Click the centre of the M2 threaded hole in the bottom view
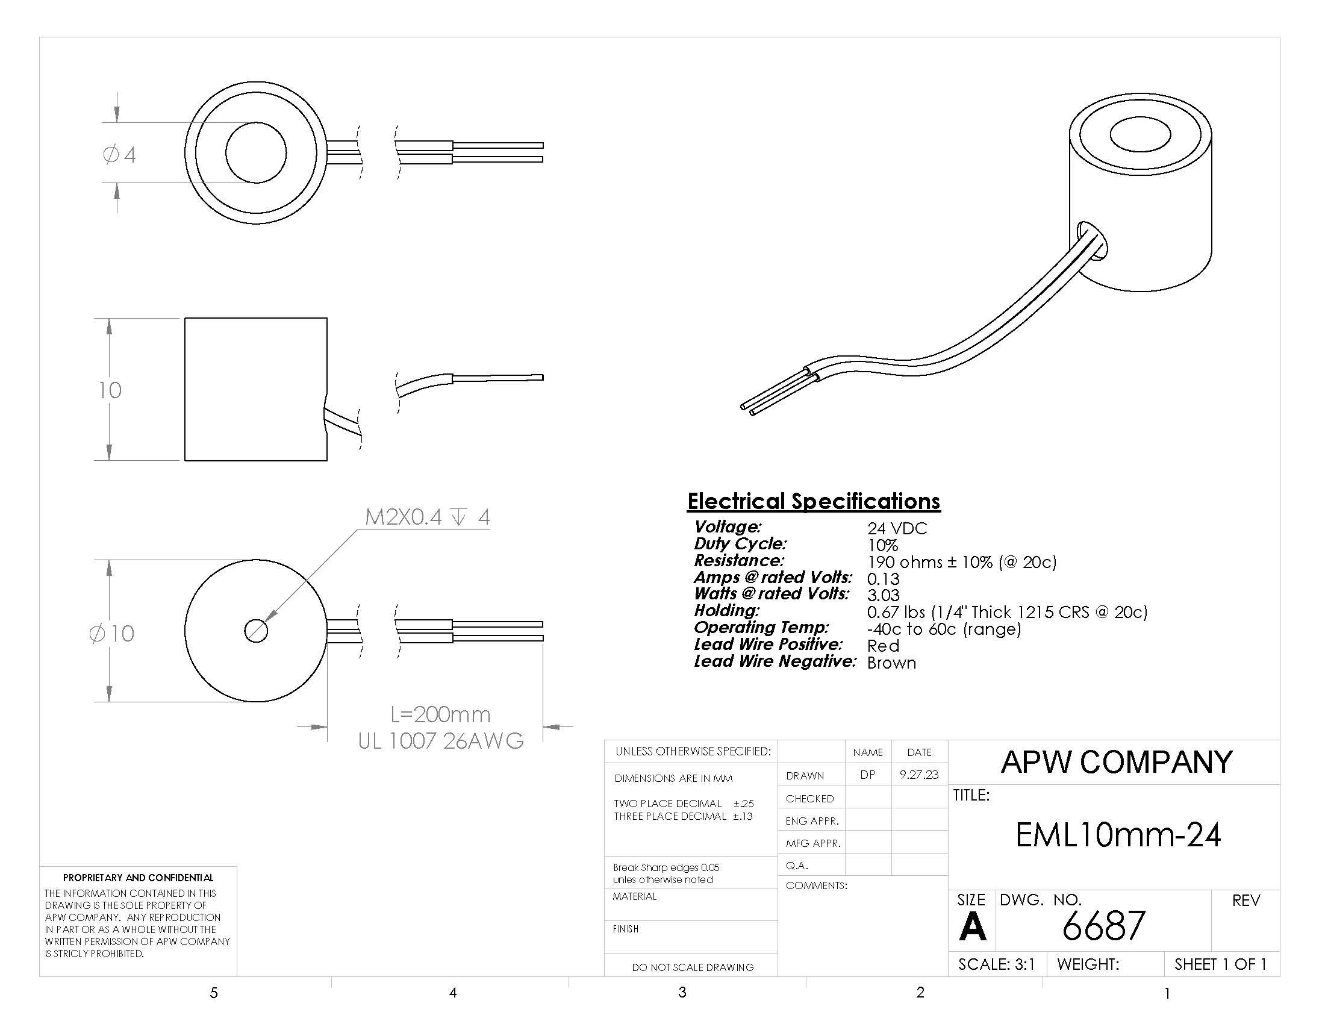(256, 631)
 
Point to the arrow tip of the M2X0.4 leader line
(265, 622)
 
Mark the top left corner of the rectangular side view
(185, 318)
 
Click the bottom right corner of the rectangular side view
(327, 460)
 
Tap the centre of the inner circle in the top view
(256, 152)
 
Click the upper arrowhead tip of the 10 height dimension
(109, 319)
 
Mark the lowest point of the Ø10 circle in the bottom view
(256, 702)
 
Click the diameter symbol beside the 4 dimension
(111, 155)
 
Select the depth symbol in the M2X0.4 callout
(460, 517)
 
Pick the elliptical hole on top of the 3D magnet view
(1141, 135)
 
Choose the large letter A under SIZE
(973, 927)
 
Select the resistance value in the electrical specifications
(962, 563)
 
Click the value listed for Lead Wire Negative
(891, 663)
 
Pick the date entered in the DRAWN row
(919, 775)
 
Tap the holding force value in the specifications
(1007, 612)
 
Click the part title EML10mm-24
(1118, 835)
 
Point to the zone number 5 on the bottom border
(214, 993)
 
